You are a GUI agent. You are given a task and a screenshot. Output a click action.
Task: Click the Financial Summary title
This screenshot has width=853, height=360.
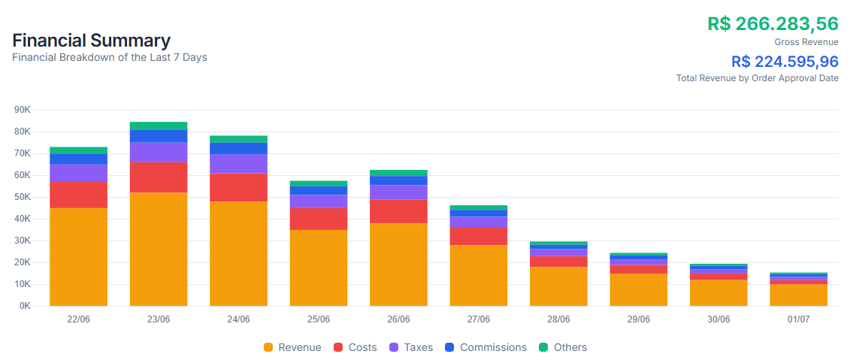91,41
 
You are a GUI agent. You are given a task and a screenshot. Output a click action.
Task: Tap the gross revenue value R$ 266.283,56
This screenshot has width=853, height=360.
773,23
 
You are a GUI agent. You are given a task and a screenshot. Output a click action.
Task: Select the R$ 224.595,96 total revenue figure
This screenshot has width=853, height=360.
785,62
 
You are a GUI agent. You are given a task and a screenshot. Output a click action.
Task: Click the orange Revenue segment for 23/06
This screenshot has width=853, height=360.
159,249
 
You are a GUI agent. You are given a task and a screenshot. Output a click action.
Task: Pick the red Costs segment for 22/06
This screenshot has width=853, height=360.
78,195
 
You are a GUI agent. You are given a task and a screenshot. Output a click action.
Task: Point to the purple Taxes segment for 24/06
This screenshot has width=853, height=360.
238,164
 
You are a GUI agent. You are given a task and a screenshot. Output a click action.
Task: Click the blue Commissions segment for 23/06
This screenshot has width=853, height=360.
159,136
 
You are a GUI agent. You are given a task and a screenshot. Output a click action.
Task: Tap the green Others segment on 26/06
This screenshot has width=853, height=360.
398,173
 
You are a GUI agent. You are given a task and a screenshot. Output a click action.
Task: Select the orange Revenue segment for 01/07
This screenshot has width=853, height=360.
798,295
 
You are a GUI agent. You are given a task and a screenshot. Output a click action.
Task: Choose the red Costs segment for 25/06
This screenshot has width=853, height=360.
319,219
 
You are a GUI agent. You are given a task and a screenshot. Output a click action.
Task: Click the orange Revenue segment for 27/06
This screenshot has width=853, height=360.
478,275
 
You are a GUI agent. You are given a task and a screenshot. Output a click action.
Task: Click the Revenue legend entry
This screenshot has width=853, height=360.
292,347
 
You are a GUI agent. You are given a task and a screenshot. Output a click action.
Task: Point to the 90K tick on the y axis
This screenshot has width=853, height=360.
23,110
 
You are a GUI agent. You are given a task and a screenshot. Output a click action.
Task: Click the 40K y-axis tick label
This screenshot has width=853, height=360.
23,219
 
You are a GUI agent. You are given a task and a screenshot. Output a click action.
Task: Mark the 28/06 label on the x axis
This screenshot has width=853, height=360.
558,319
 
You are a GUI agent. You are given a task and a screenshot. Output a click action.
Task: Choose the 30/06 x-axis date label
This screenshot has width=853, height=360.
718,319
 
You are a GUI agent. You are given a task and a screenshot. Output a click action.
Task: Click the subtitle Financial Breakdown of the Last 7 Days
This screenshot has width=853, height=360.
110,57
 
